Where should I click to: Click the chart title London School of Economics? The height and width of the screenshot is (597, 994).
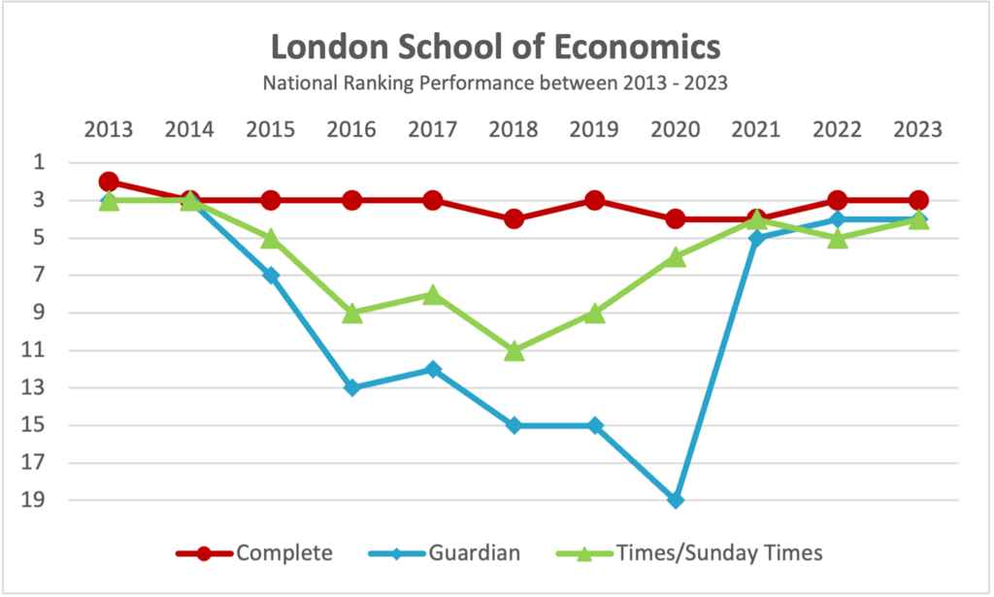click(x=496, y=47)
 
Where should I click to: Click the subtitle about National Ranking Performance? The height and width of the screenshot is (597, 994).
click(x=496, y=83)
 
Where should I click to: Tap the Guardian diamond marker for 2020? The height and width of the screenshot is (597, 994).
click(x=677, y=500)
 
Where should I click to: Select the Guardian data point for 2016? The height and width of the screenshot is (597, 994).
click(x=352, y=387)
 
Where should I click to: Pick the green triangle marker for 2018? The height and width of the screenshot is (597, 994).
click(x=514, y=350)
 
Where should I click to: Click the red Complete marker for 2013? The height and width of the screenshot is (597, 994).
click(x=109, y=182)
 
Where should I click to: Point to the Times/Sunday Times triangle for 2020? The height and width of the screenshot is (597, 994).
click(x=677, y=257)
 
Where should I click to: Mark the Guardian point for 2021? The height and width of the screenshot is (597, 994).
click(x=757, y=238)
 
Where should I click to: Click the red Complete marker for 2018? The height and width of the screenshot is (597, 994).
click(x=514, y=219)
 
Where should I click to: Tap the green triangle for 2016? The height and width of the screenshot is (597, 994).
click(x=352, y=314)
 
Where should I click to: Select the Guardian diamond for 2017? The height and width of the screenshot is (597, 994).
click(x=433, y=369)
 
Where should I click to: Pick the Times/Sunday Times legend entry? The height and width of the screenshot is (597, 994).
click(x=719, y=553)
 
